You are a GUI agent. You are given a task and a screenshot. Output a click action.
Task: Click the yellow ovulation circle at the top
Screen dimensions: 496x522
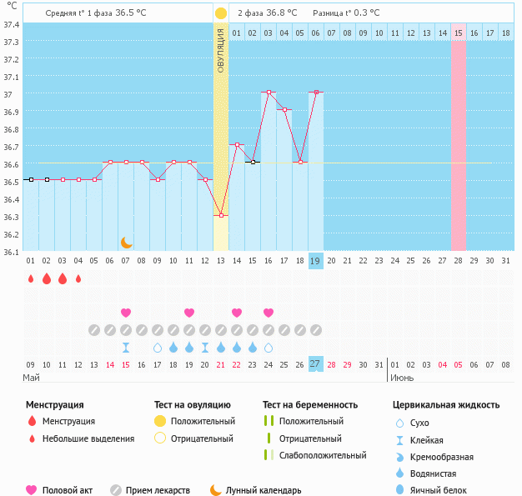click(x=220, y=13)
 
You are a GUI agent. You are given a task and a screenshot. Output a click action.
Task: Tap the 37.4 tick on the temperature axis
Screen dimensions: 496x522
click(x=12, y=24)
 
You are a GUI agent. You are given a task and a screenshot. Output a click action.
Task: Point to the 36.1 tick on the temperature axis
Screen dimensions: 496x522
click(x=12, y=251)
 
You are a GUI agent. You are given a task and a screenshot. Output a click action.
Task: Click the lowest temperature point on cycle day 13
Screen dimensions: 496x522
click(x=221, y=216)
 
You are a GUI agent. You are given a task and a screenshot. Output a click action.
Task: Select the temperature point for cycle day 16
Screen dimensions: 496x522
click(x=269, y=93)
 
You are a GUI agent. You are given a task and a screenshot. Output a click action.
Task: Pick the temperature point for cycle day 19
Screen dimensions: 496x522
click(x=316, y=93)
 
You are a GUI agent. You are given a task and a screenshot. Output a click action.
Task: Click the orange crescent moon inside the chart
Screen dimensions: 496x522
click(x=126, y=242)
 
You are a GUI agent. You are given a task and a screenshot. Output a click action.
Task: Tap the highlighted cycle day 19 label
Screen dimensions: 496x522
click(x=315, y=261)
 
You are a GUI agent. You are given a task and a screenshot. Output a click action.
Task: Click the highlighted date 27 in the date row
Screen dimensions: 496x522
click(x=315, y=363)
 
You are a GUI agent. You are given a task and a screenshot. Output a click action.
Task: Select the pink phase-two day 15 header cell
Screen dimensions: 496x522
click(x=459, y=33)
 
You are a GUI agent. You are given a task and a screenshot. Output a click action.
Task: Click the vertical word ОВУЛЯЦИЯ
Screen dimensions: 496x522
click(x=221, y=50)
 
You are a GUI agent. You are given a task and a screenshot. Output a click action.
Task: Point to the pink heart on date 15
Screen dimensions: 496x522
click(x=126, y=313)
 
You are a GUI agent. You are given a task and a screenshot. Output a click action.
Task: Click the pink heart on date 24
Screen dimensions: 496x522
click(x=269, y=313)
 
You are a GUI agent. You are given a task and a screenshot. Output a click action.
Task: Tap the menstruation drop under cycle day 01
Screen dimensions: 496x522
click(x=31, y=278)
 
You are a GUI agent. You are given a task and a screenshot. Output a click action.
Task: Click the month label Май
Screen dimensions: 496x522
click(x=32, y=378)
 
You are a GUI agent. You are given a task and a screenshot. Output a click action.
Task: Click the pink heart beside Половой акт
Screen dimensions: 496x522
click(x=32, y=490)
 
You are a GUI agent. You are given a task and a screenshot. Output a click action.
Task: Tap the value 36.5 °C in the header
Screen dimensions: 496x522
click(x=130, y=13)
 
